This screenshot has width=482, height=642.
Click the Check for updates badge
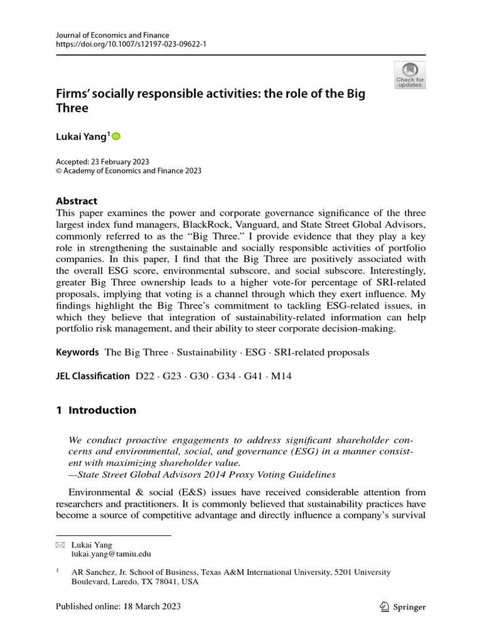click(x=410, y=75)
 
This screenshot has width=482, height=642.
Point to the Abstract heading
click(x=77, y=201)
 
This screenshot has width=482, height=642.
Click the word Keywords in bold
click(x=77, y=352)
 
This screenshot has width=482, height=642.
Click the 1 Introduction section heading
click(x=96, y=410)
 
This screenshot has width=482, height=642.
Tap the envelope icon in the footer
click(x=61, y=545)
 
